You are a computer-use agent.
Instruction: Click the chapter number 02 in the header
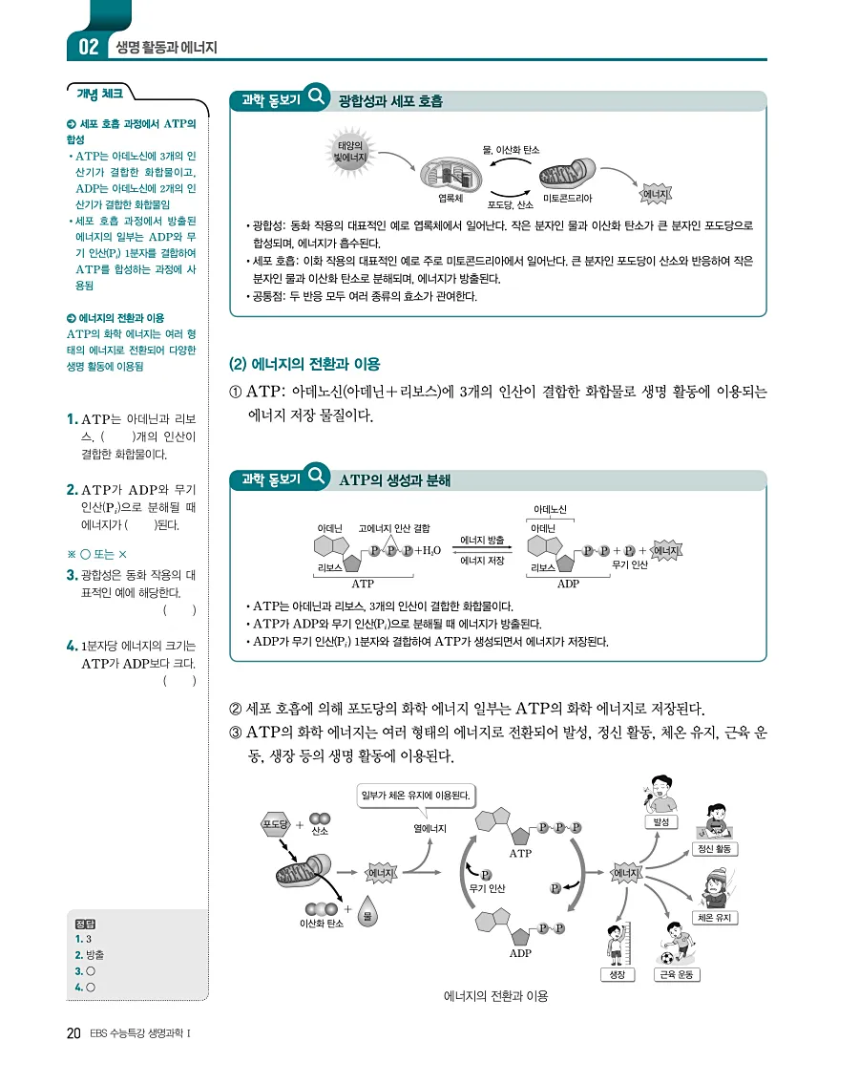point(88,46)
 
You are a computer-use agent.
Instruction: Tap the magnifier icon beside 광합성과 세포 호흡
point(317,98)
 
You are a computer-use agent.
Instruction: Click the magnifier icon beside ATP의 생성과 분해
point(317,477)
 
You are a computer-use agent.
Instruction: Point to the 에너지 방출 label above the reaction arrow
point(483,540)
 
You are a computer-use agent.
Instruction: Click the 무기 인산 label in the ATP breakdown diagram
point(630,565)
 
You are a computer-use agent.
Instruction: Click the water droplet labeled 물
point(367,916)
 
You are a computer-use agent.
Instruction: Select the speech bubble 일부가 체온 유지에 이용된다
point(417,794)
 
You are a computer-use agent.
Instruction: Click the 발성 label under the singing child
point(660,821)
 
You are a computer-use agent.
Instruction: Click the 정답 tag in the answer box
point(86,924)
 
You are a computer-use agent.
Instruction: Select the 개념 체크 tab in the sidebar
point(99,94)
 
